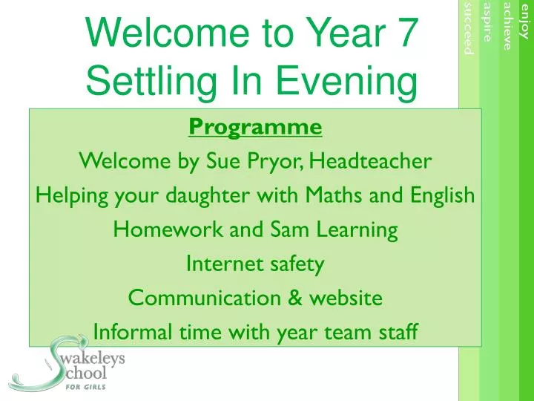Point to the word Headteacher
[x=371, y=160]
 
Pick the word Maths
[x=333, y=195]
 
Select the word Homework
[x=168, y=229]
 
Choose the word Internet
[x=225, y=264]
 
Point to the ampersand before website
[x=295, y=297]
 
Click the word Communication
[x=205, y=297]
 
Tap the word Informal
[x=133, y=331]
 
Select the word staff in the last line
[x=398, y=331]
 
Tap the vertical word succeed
[x=469, y=28]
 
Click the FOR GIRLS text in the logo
[x=85, y=387]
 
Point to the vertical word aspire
[x=488, y=22]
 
